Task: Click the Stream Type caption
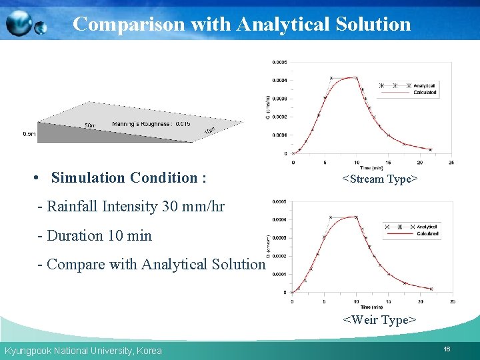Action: coord(379,179)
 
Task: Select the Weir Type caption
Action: coord(379,320)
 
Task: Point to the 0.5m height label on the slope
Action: coord(29,134)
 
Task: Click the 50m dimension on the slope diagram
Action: coord(90,125)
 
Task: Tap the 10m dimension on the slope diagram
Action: coord(209,129)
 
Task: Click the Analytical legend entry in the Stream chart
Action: coord(424,86)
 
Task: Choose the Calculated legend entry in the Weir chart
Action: coord(427,234)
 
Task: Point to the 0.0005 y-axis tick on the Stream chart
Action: coord(279,62)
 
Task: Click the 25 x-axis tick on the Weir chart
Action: coord(453,301)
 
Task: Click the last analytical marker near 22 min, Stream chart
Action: coord(430,149)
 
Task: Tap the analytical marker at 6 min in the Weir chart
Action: coord(331,217)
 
